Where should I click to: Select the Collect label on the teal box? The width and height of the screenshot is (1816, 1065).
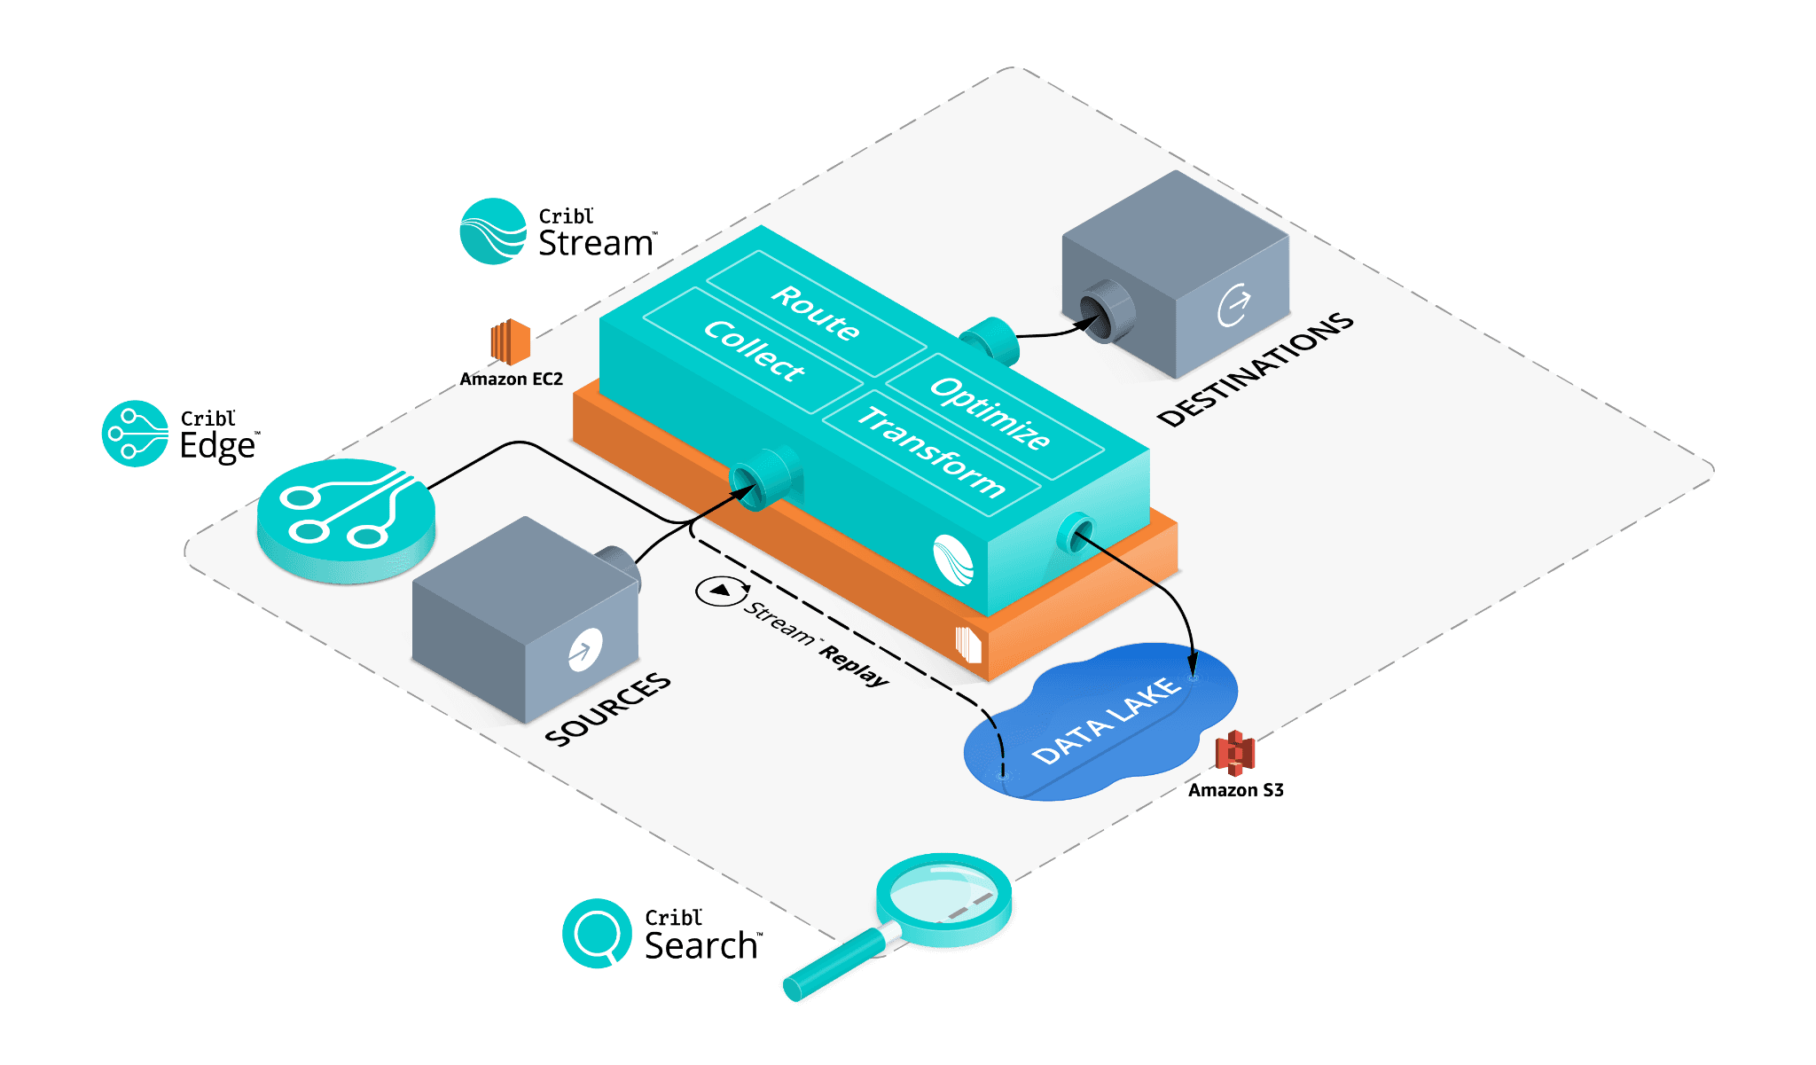[x=754, y=351]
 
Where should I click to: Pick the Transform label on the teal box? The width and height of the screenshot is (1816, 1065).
[x=931, y=451]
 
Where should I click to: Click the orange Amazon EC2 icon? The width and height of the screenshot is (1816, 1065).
[x=510, y=341]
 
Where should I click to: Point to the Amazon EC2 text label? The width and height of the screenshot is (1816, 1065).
[x=511, y=380]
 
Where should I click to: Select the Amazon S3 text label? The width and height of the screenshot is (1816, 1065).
[x=1235, y=790]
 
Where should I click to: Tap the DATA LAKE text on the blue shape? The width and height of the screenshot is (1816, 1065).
[x=1107, y=721]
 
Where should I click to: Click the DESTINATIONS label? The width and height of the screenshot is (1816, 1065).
[x=1256, y=370]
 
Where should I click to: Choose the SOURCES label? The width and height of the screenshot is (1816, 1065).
[x=608, y=709]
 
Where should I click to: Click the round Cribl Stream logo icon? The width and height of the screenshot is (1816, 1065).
[x=493, y=231]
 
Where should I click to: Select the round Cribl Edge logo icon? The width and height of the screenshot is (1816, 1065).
[x=135, y=433]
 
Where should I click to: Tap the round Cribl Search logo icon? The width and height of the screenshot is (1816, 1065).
[x=597, y=933]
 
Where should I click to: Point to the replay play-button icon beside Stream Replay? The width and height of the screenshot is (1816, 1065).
[x=721, y=591]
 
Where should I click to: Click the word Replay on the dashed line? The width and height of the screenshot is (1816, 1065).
[x=854, y=666]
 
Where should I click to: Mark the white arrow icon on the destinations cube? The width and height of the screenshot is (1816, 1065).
[x=1233, y=305]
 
